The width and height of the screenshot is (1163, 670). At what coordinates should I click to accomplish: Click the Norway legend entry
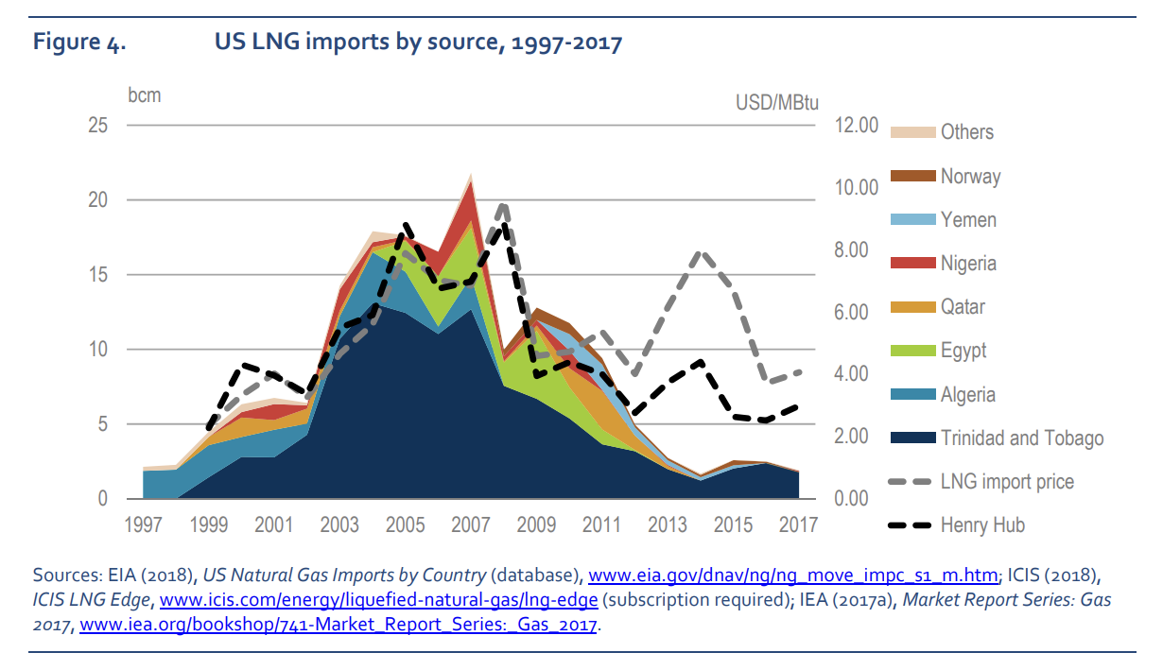[969, 176]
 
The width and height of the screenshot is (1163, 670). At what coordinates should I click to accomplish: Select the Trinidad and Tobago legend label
[1021, 438]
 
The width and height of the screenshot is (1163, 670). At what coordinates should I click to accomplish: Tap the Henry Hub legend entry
[982, 524]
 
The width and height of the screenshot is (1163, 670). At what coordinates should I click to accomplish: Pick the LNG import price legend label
[1007, 481]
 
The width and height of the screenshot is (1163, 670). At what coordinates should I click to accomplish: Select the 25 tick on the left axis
[97, 126]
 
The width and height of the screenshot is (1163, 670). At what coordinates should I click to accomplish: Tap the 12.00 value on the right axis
[858, 126]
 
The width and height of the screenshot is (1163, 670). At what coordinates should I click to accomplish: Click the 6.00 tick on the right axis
[858, 313]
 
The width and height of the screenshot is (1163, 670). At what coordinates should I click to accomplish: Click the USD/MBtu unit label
[776, 102]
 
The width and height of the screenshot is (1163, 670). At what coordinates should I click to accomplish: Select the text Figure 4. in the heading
[79, 43]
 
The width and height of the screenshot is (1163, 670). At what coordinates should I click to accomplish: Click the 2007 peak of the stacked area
[471, 176]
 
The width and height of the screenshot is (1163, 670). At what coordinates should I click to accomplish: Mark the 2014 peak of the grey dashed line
[700, 252]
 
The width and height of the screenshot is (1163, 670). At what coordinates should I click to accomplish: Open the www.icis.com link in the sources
[378, 600]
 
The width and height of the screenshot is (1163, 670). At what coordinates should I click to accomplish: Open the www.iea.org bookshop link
[339, 626]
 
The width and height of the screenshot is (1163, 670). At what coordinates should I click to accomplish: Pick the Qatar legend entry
[962, 307]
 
